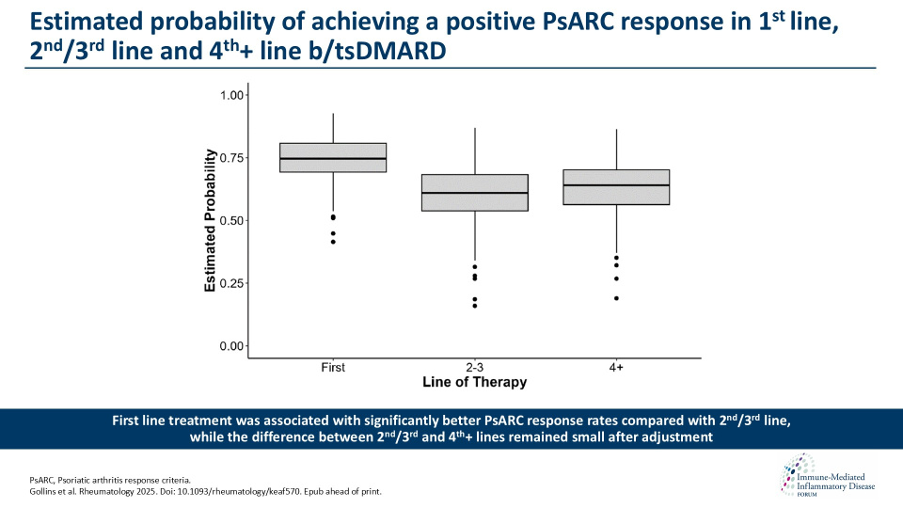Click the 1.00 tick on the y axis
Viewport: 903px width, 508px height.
coord(232,95)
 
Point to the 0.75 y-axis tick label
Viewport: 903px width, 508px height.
coord(232,158)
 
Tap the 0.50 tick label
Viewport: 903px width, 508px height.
coord(232,220)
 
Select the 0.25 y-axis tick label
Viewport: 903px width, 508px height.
coord(232,283)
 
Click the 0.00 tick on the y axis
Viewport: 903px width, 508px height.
coord(232,346)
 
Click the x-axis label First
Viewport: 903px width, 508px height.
coord(333,368)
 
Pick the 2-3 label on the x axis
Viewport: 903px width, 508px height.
coord(474,368)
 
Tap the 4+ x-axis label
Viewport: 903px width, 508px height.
coord(616,368)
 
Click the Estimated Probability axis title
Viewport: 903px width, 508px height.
coord(211,220)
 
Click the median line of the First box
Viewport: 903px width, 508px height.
coord(333,159)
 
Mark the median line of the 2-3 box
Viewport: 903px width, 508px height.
coord(474,193)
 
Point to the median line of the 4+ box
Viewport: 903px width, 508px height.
coord(616,185)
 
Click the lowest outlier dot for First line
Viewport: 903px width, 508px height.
coord(333,242)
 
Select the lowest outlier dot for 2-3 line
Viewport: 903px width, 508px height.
coord(474,306)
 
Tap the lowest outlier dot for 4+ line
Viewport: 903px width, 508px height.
coord(616,298)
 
